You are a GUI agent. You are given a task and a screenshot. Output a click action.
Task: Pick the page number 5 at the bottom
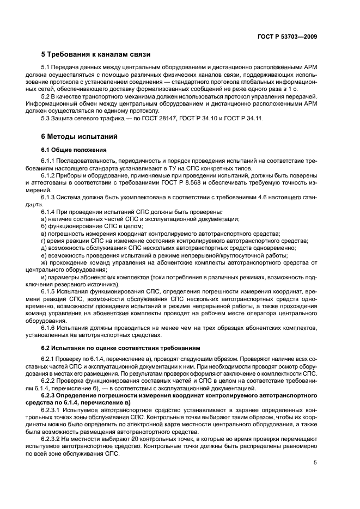coord(315,463)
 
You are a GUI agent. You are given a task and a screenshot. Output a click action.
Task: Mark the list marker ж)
coord(45,262)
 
